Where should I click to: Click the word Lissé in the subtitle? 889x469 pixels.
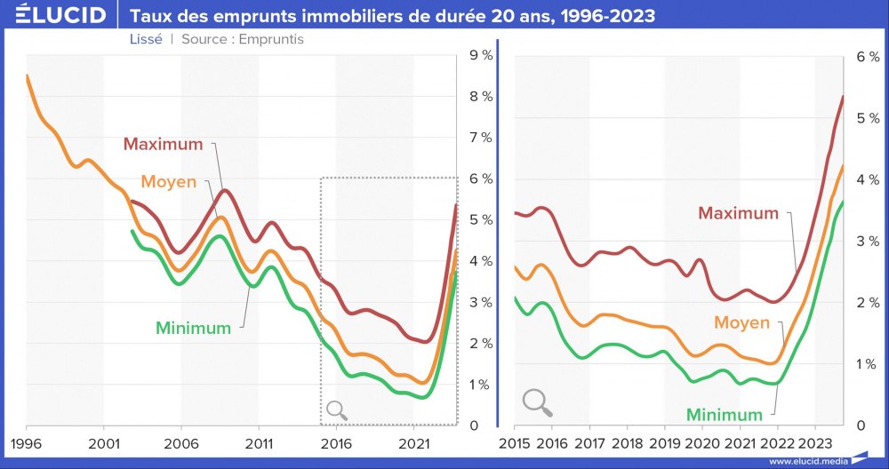click(145, 40)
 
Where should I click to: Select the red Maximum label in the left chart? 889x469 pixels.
click(163, 144)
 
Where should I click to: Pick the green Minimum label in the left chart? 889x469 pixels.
click(193, 328)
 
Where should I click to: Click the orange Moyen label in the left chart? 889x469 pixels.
click(169, 182)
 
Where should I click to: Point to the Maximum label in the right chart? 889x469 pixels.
click(738, 213)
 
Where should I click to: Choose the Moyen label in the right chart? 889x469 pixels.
click(741, 323)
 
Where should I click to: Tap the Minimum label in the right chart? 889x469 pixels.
click(724, 415)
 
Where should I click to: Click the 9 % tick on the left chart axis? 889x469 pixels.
click(481, 56)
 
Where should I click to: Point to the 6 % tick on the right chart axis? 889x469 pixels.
click(867, 56)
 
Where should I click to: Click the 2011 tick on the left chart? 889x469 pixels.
click(259, 442)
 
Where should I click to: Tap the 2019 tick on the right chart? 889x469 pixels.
click(665, 442)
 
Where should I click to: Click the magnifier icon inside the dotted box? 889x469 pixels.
click(337, 409)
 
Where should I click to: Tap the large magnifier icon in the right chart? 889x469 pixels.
click(537, 402)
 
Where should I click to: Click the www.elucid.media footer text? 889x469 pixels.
click(807, 461)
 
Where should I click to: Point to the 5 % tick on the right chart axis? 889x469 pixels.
click(867, 117)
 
